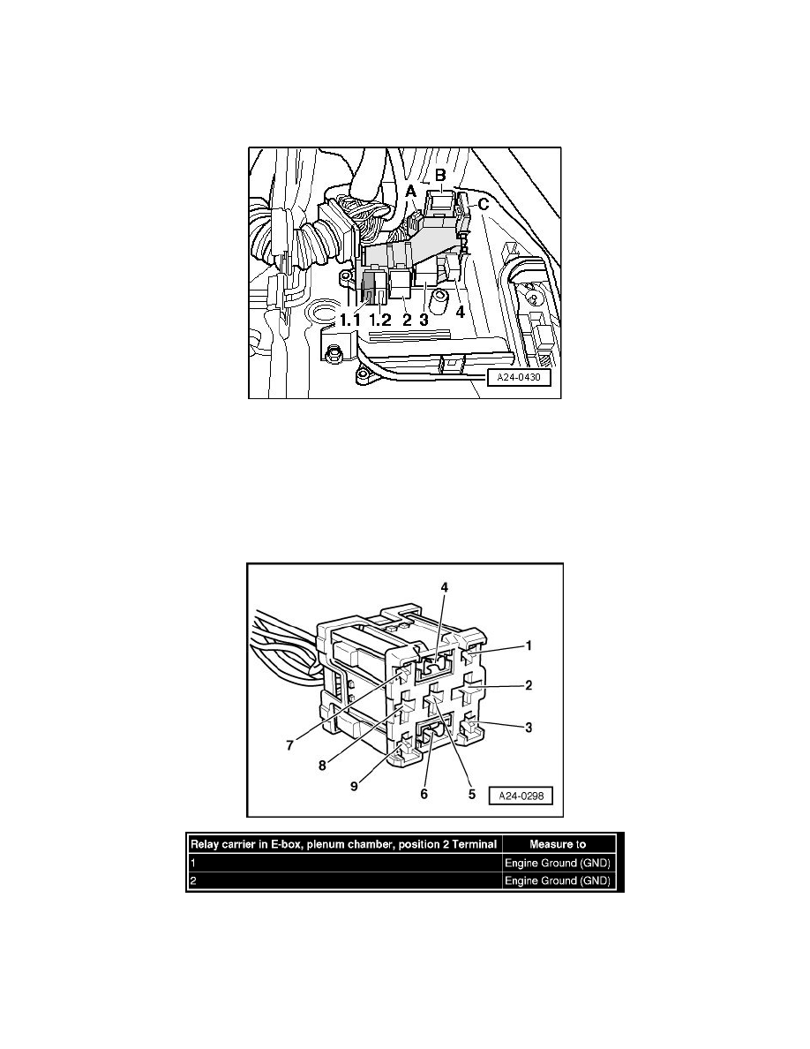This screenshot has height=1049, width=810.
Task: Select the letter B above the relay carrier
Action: pyautogui.click(x=439, y=175)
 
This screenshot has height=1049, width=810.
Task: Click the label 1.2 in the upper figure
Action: pyautogui.click(x=381, y=319)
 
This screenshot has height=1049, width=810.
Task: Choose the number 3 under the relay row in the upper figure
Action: pyautogui.click(x=424, y=319)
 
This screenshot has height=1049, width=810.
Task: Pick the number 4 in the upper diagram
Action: pyautogui.click(x=460, y=311)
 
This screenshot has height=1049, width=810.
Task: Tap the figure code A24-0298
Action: pyautogui.click(x=521, y=794)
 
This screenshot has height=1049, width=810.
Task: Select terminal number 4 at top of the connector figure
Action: pyautogui.click(x=445, y=587)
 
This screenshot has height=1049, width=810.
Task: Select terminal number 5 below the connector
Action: pyautogui.click(x=471, y=794)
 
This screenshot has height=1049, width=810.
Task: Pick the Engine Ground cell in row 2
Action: pyautogui.click(x=559, y=881)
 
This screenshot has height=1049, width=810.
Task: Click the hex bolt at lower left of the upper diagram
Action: pyautogui.click(x=334, y=357)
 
